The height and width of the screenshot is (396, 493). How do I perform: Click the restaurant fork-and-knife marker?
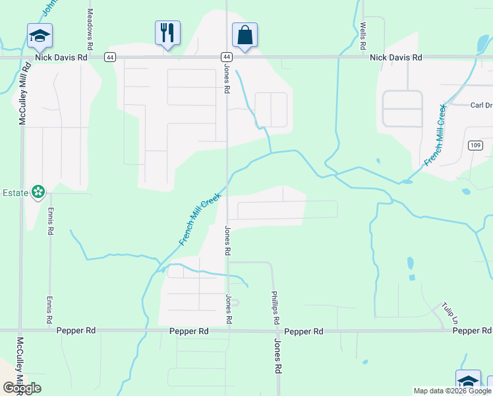[167, 32]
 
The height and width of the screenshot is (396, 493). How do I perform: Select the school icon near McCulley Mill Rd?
[40, 36]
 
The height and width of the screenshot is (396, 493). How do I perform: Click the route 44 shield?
[226, 57]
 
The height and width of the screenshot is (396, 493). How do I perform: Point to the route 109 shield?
[476, 145]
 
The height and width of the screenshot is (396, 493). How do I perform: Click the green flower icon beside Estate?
[39, 192]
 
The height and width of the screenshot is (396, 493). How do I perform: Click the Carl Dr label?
[481, 106]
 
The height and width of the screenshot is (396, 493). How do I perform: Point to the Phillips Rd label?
[274, 308]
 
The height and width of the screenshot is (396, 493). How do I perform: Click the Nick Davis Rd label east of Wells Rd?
[395, 57]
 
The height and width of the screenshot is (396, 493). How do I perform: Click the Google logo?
[22, 388]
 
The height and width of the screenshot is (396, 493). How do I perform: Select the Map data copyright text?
[452, 391]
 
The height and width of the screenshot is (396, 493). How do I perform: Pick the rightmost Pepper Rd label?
[472, 331]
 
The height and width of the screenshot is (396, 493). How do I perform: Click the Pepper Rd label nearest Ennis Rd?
[76, 331]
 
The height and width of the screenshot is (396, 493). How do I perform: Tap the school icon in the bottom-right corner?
[468, 381]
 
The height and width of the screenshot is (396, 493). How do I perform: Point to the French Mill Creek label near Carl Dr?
[436, 135]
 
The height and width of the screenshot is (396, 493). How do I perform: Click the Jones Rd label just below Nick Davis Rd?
[226, 79]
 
